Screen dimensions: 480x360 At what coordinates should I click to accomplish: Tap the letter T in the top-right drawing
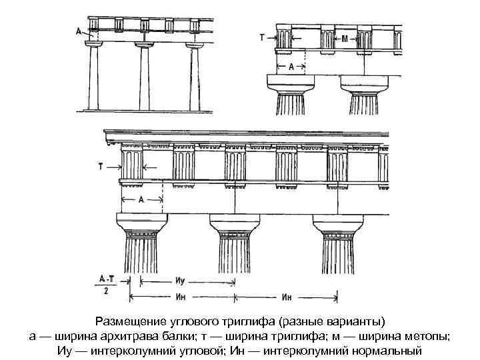point(261,38)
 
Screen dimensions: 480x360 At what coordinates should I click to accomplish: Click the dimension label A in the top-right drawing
point(291,67)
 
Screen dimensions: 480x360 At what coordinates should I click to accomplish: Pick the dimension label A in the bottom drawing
point(141,199)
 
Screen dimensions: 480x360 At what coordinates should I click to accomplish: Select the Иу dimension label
point(180,282)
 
